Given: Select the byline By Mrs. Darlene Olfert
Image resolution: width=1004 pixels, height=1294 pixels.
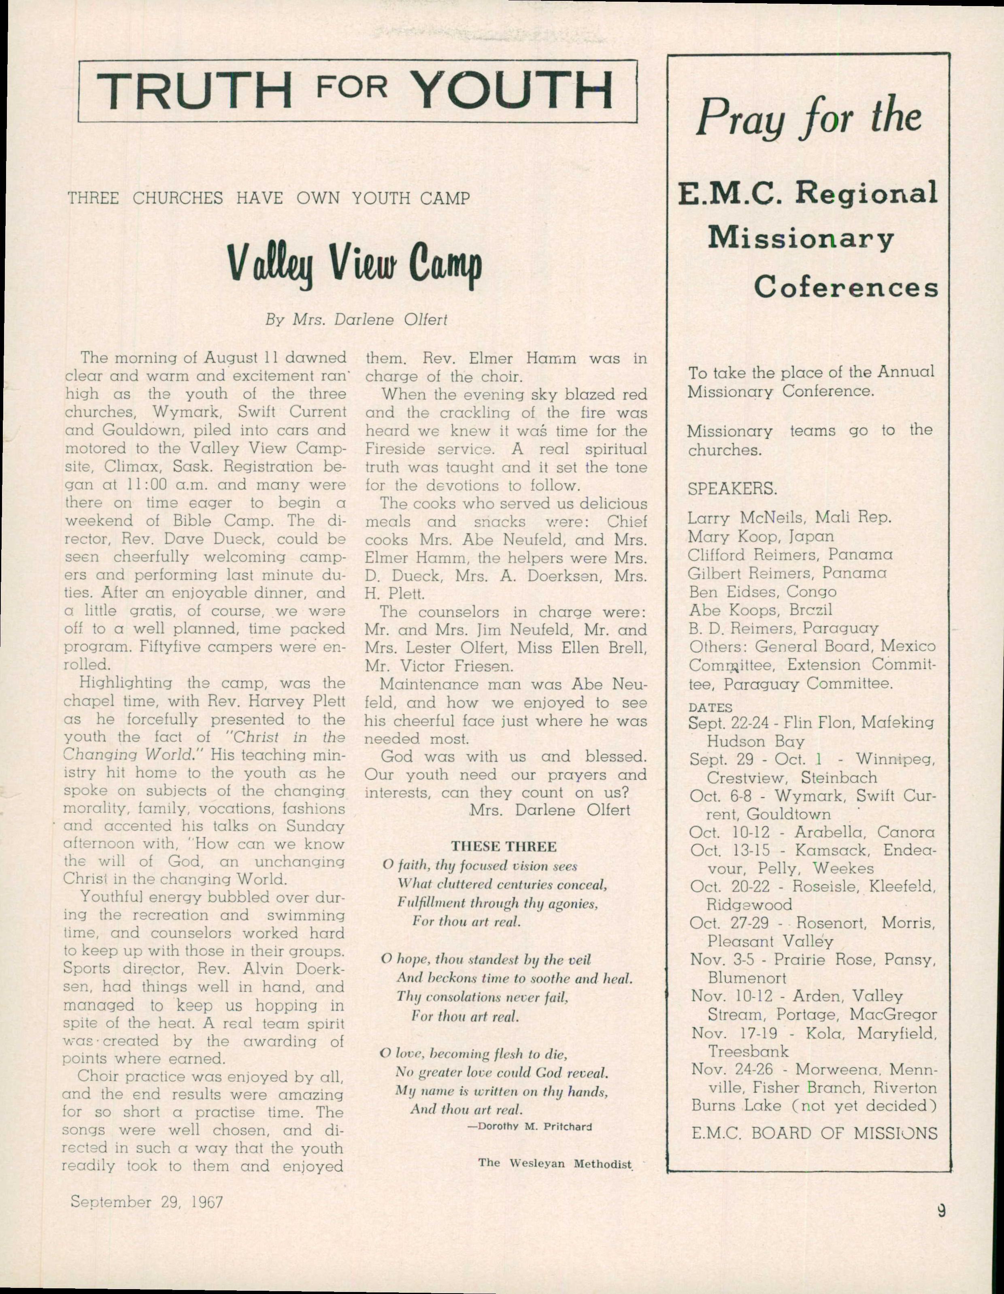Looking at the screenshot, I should click(x=355, y=320).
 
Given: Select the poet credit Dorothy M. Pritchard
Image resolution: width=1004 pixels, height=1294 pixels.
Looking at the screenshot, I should click(x=530, y=1126).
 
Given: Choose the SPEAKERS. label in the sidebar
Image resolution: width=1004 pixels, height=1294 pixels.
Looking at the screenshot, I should click(x=732, y=489).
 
